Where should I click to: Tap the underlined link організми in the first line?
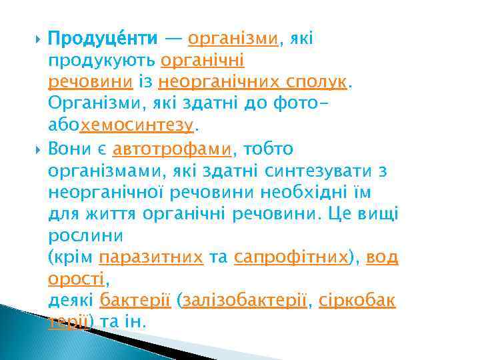(x=233, y=39)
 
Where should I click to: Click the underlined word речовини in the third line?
(x=92, y=82)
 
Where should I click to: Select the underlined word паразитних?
(x=151, y=258)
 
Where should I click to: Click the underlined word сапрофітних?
(x=291, y=258)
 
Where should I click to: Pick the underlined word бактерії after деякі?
(x=135, y=301)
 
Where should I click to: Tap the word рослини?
(x=85, y=236)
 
